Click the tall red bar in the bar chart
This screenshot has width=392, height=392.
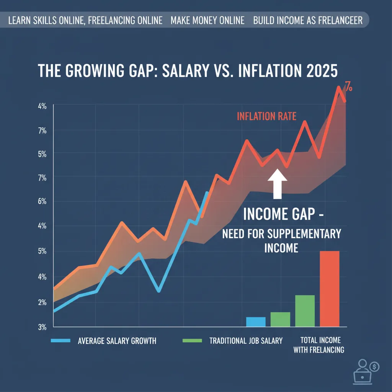329,289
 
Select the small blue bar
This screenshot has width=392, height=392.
256,322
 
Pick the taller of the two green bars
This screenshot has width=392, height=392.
305,311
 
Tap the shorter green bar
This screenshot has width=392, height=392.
280,319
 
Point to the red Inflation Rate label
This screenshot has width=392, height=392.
266,116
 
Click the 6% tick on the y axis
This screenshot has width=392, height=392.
42,201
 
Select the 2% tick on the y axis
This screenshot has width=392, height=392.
42,302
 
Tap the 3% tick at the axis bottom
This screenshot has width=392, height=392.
42,327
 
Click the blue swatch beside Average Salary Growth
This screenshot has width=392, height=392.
60,340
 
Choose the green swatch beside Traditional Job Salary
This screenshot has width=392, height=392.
193,340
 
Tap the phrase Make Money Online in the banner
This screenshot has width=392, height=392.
207,20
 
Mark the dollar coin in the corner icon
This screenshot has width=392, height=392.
375,366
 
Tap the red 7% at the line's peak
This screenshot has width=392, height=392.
348,87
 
